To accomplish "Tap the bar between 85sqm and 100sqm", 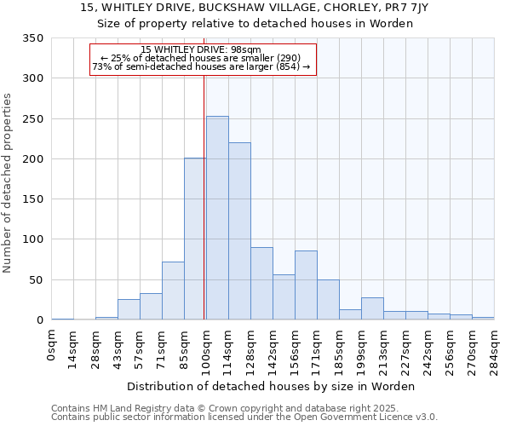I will point(195,239).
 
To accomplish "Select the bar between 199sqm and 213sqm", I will point(372,309).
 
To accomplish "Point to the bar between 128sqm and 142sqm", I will point(261,284).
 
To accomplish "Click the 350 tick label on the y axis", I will point(32,38).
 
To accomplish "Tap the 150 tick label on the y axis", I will point(32,199).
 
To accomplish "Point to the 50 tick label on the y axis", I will point(36,280).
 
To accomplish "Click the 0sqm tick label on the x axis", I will point(52,345).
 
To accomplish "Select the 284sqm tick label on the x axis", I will point(495,349).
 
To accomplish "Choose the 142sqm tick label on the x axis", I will point(273,349).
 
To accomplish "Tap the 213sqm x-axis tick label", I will point(384,349).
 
